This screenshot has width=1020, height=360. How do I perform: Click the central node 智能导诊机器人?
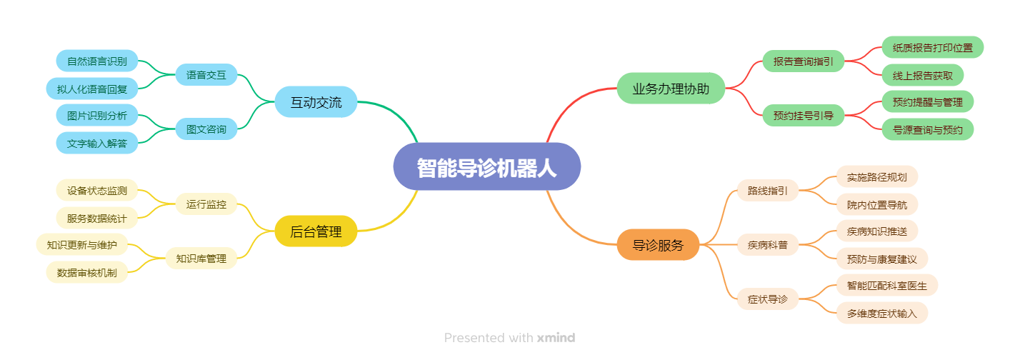click(486, 166)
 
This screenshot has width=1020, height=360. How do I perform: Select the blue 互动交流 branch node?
click(316, 102)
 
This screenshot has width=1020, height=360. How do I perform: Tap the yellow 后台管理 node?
click(316, 231)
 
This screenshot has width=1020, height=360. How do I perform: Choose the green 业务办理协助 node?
click(671, 89)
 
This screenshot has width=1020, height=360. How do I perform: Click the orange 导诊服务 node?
click(658, 245)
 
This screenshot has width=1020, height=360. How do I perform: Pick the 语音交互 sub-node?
click(206, 74)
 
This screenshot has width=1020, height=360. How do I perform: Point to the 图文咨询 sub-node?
click(206, 129)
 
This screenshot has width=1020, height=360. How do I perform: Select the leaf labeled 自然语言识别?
click(97, 61)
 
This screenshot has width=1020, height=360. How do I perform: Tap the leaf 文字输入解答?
click(97, 144)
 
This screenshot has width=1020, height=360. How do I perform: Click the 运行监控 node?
click(206, 204)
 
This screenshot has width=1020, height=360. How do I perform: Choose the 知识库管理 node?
click(201, 259)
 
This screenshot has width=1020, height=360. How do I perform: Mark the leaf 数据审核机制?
click(87, 273)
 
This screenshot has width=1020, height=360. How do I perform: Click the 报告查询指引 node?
click(804, 61)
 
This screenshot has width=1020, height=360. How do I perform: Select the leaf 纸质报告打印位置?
click(933, 47)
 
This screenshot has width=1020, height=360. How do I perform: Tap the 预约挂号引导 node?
click(804, 116)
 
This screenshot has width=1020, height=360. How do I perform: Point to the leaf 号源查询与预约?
click(928, 130)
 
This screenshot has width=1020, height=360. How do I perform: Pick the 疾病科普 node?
click(768, 245)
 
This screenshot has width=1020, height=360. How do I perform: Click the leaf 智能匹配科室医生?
click(887, 286)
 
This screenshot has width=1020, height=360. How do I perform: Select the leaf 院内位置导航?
click(877, 205)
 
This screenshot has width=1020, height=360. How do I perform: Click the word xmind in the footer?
click(556, 338)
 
